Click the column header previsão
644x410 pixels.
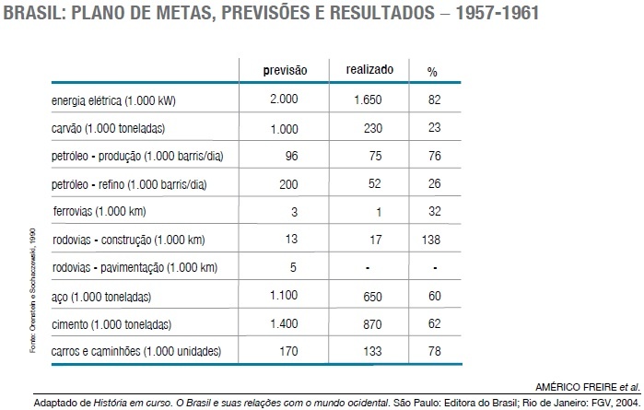coord(285,70)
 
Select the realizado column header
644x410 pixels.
coord(369,69)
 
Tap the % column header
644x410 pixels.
coord(432,72)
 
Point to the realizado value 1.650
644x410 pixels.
coord(368,100)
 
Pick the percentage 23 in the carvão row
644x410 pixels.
coord(435,127)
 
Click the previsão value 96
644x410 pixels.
coord(292,156)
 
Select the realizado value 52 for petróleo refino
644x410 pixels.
coord(375,183)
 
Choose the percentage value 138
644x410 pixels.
coord(431,240)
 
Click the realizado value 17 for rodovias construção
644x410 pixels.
coord(376,240)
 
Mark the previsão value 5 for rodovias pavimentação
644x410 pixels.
coord(293,267)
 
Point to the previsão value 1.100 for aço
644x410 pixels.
coord(284,295)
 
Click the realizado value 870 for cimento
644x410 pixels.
coord(372,324)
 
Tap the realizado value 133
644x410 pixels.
coord(372,351)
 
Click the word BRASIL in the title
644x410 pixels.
coord(34,13)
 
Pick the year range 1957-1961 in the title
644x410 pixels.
coord(498,13)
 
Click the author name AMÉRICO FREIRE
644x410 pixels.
coord(576,387)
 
